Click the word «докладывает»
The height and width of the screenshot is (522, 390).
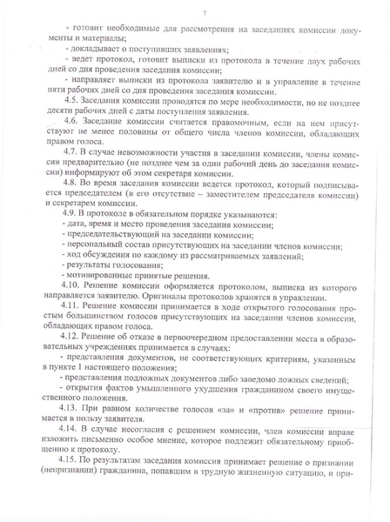click(x=97, y=51)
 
